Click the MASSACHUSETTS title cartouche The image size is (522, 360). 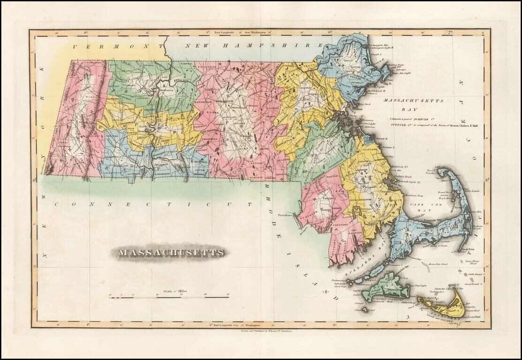tap(171, 253)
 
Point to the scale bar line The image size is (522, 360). tap(169, 297)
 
